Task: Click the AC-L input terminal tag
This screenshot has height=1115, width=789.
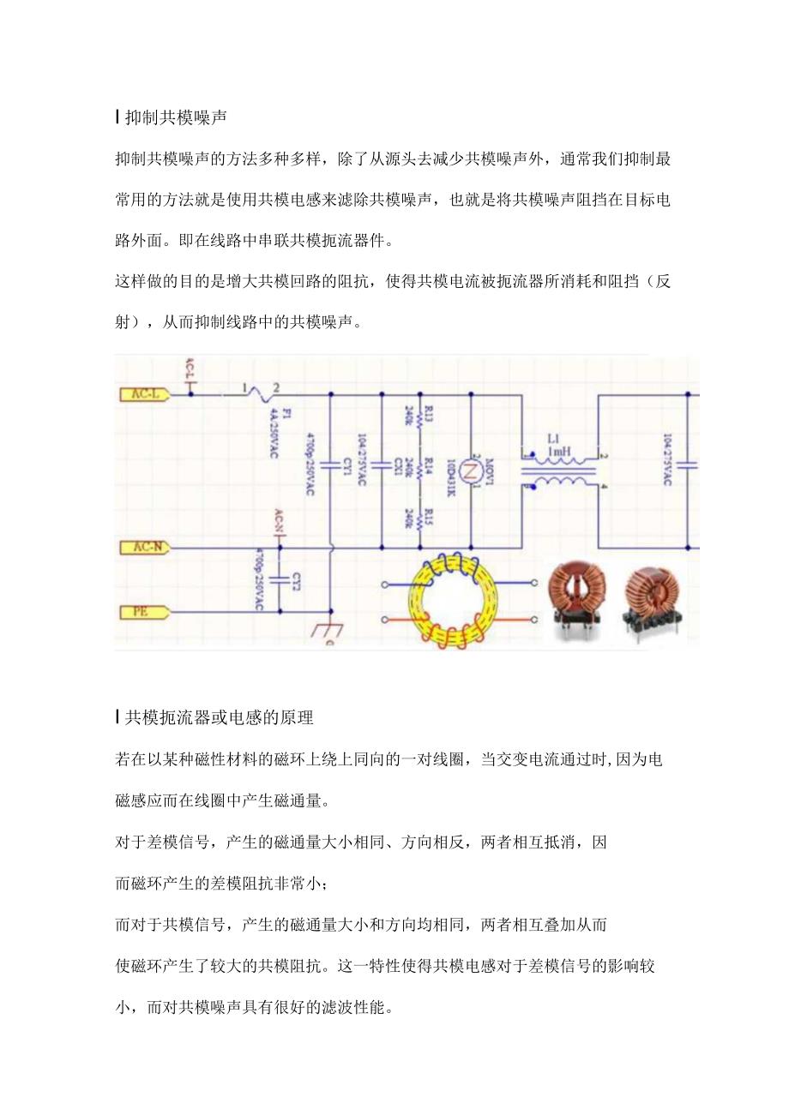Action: (x=142, y=394)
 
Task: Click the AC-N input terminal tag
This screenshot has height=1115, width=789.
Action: (x=142, y=547)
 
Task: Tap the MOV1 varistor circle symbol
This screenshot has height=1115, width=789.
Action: (x=470, y=471)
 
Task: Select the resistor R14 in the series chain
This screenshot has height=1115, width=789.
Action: (x=419, y=470)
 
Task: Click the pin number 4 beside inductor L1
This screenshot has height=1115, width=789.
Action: (x=604, y=488)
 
